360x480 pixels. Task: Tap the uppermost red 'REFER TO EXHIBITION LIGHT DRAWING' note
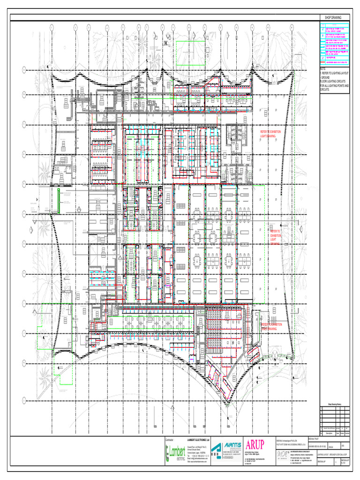(271, 134)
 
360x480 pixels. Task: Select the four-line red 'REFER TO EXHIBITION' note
(275, 238)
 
